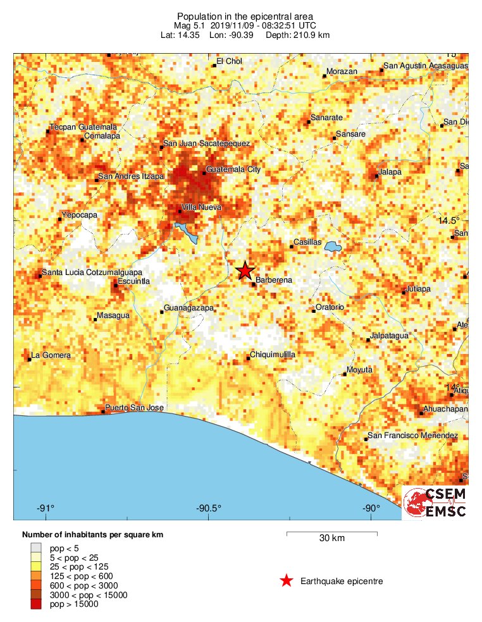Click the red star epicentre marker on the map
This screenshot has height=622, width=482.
tap(245, 271)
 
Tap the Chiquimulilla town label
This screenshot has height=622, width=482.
tap(273, 355)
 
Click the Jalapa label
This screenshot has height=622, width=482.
tap(390, 172)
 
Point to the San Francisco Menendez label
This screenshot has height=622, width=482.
tap(413, 436)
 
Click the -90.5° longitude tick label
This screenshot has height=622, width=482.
tap(209, 508)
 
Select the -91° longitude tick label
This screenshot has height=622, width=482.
tap(46, 508)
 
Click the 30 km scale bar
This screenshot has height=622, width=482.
tap(332, 534)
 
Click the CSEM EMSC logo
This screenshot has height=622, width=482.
tap(436, 503)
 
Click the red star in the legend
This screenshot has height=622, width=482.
tap(287, 581)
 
